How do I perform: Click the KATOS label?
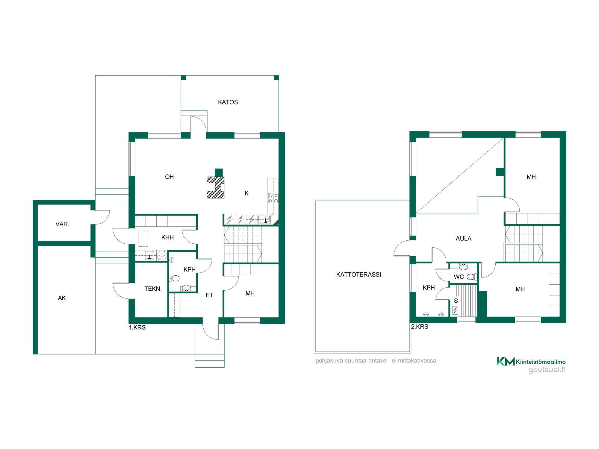228,102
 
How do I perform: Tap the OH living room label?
170,177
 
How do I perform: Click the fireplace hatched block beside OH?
216,188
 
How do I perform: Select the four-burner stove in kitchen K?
273,198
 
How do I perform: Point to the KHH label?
167,238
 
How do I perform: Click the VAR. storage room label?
62,224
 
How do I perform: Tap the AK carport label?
62,298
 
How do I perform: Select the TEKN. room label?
153,289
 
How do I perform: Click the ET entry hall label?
209,295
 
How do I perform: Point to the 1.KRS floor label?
137,327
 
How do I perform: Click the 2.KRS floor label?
420,327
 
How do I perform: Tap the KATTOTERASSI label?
359,275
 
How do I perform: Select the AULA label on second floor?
464,239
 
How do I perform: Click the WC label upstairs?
459,277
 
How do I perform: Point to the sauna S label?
456,301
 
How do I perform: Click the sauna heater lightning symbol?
455,310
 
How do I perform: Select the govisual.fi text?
547,370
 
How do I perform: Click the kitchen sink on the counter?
264,219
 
